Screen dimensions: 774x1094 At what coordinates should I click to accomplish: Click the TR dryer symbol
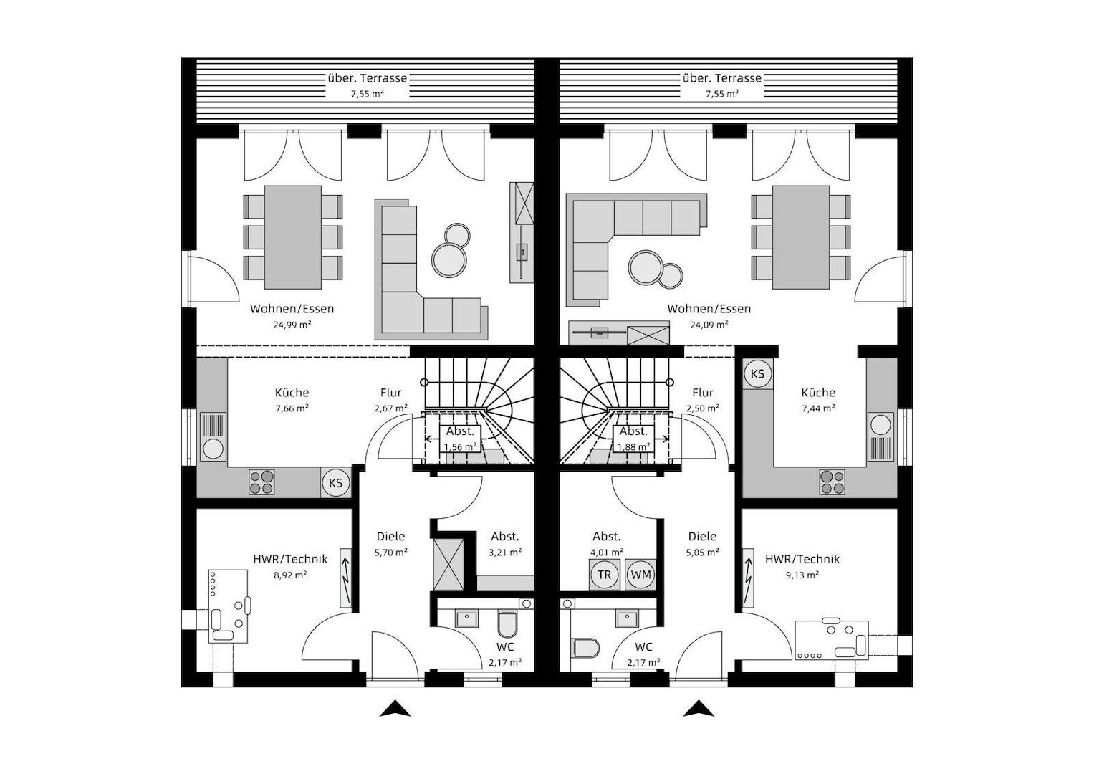pyautogui.click(x=604, y=575)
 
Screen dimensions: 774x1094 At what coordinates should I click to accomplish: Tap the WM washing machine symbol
pyautogui.click(x=640, y=575)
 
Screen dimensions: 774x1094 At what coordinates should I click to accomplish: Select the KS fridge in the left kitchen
pyautogui.click(x=335, y=482)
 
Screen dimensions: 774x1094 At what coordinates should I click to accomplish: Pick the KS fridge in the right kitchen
pyautogui.click(x=757, y=373)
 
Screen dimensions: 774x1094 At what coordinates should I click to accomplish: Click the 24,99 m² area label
pyautogui.click(x=292, y=324)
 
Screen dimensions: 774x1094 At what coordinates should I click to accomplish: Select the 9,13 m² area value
pyautogui.click(x=802, y=575)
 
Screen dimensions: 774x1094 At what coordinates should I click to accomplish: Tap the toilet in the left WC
pyautogui.click(x=507, y=625)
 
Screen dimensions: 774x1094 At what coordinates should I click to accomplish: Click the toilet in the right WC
pyautogui.click(x=585, y=647)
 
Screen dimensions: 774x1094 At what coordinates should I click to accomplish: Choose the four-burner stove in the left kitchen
pyautogui.click(x=261, y=482)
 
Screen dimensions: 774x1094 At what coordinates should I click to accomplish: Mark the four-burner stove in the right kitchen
pyautogui.click(x=832, y=482)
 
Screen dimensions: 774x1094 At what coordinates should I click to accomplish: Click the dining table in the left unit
pyautogui.click(x=293, y=236)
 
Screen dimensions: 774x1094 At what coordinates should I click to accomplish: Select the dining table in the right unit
pyautogui.click(x=800, y=236)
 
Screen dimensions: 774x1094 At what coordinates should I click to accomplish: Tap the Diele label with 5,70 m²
pyautogui.click(x=390, y=536)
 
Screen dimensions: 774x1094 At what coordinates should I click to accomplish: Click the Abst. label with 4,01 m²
pyautogui.click(x=606, y=536)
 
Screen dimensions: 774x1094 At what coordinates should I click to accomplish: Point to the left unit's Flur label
pyautogui.click(x=390, y=393)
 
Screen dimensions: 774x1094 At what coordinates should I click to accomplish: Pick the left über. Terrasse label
pyautogui.click(x=367, y=78)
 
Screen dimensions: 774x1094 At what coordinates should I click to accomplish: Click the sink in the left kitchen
pyautogui.click(x=213, y=437)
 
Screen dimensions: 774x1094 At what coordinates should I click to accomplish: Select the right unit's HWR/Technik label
pyautogui.click(x=802, y=559)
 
